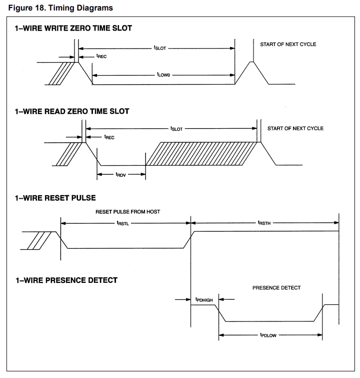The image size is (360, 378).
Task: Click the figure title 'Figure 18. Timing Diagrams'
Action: pyautogui.click(x=60, y=8)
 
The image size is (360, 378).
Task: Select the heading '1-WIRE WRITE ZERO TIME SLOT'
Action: pyautogui.click(x=73, y=29)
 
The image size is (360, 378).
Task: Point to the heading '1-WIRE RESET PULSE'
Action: pyautogui.click(x=55, y=198)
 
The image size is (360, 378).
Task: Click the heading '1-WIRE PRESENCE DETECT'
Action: pyautogui.click(x=66, y=280)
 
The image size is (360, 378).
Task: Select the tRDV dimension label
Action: pyautogui.click(x=120, y=175)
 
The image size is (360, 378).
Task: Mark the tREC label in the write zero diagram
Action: pyautogui.click(x=101, y=57)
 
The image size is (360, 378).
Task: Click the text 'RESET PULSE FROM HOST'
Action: pyautogui.click(x=127, y=212)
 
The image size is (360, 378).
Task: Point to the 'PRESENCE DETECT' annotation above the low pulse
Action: pyautogui.click(x=276, y=288)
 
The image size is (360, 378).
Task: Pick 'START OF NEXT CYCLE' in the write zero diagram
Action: pyautogui.click(x=288, y=45)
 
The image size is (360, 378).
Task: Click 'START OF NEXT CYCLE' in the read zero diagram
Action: pyautogui.click(x=295, y=128)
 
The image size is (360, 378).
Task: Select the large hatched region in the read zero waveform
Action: pyautogui.click(x=202, y=153)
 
